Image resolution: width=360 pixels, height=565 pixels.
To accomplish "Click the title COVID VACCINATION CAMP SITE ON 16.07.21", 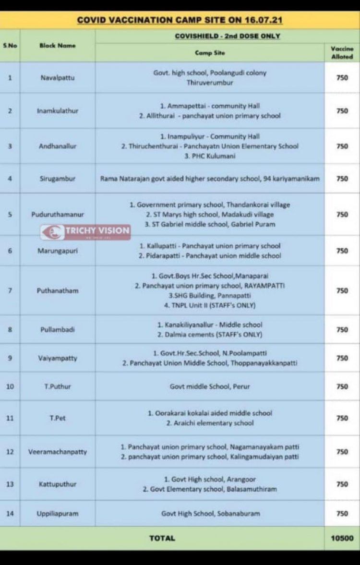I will pos(180,21).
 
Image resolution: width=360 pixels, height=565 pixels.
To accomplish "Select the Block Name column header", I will pos(58,46).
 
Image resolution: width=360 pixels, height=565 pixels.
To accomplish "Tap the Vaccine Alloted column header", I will pos(342,52).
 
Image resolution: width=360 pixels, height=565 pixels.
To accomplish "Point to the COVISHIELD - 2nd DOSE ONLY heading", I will pos(228,36).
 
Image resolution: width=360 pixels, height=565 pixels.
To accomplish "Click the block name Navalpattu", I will pos(58,77).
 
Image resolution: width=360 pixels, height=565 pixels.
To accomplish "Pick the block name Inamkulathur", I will pos(58,111).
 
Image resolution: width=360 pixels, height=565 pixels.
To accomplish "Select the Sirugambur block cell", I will pos(58,179).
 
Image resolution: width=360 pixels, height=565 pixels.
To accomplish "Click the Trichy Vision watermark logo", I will pos(85,231).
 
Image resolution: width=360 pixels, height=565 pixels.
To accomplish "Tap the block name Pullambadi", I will pos(58,329).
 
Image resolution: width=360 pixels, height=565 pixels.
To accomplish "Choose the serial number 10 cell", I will pos(10,386).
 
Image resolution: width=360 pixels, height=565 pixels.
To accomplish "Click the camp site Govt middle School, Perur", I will pos(210,386).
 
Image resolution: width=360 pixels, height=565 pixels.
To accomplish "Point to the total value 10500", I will pos(342,539).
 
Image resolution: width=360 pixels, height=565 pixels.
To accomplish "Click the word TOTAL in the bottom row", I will pos(162,539).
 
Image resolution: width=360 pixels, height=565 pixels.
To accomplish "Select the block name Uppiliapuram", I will pos(58,513).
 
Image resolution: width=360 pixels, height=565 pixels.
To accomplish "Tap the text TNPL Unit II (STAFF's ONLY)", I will pos(209,305).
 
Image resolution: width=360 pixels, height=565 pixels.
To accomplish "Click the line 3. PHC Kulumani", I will pos(210,156).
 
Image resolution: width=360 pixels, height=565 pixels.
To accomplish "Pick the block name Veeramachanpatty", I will pos(58,452).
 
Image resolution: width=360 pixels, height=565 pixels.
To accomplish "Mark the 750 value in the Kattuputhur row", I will pos(342,484).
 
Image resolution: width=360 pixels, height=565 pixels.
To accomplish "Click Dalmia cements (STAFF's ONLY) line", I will pos(210,335).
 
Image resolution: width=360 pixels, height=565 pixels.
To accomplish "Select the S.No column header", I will pos(10,46).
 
